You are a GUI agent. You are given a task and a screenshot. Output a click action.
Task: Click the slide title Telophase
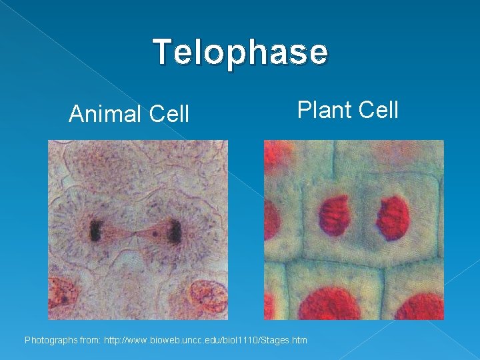(240, 52)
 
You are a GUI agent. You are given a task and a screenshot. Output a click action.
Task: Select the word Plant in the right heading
(323, 109)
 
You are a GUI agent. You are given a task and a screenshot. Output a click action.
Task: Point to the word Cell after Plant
(377, 109)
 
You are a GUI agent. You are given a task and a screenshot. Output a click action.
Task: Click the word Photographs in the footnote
(51, 341)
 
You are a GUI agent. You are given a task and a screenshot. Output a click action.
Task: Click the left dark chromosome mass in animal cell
(95, 231)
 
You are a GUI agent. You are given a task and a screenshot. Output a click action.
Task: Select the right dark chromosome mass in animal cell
(175, 231)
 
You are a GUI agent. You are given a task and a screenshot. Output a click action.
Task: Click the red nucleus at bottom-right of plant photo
(420, 307)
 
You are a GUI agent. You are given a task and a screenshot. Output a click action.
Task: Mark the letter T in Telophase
(162, 51)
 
